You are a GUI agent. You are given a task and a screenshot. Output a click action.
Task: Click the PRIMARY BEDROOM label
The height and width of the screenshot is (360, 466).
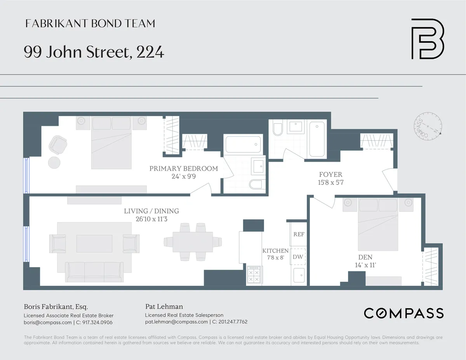[x=184, y=169]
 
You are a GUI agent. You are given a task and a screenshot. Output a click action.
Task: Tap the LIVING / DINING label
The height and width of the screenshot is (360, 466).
[x=151, y=211]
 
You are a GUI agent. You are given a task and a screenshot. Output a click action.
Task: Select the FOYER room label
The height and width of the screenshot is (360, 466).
[x=330, y=174]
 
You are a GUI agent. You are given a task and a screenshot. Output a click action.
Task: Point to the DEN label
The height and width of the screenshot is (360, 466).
[x=365, y=257]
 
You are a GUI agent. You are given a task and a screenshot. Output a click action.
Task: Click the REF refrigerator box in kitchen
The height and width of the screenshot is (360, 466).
[x=299, y=234]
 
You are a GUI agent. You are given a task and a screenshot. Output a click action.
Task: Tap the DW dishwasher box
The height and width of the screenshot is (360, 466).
[x=298, y=257]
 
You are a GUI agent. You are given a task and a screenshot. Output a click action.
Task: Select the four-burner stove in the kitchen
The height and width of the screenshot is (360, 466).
[x=254, y=275]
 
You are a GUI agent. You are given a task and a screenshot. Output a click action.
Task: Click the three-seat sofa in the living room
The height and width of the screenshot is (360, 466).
[x=95, y=271]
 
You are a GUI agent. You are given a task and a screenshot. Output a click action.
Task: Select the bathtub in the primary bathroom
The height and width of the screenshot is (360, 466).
[x=242, y=144]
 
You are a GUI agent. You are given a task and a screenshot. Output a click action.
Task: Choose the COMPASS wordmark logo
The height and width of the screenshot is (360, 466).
[x=403, y=313]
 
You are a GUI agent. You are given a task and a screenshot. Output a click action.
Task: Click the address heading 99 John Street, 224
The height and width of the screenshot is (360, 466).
[x=94, y=52]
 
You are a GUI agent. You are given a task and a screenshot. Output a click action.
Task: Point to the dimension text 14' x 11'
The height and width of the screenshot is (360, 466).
[x=365, y=265]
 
